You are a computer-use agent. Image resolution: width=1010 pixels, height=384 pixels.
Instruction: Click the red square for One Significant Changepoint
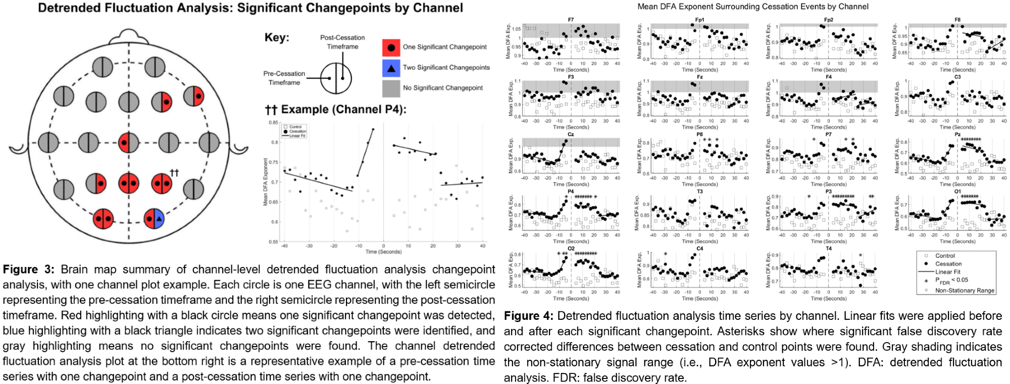click(391, 47)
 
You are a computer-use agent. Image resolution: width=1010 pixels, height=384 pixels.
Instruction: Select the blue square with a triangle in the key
click(391, 68)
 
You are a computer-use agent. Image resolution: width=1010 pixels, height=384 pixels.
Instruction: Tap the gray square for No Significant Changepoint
click(391, 88)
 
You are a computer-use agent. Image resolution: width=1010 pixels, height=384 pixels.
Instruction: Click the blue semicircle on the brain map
click(159, 218)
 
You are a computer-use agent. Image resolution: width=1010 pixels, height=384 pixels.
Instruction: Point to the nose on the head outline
click(128, 36)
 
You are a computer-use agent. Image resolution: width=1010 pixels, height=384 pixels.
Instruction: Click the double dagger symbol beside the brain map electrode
click(174, 173)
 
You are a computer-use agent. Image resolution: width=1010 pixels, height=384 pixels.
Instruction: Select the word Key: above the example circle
click(277, 38)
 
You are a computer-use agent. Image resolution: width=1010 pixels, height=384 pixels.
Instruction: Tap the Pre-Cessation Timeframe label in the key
click(284, 78)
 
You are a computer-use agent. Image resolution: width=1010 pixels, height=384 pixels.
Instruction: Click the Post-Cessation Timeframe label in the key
click(342, 42)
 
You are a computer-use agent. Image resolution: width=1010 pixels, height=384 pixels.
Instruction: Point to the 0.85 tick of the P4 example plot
click(273, 123)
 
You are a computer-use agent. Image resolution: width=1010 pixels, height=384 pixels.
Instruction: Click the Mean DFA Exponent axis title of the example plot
click(265, 182)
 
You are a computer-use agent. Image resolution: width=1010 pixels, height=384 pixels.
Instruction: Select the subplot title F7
click(571, 20)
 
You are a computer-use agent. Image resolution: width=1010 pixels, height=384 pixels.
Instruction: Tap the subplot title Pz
click(957, 135)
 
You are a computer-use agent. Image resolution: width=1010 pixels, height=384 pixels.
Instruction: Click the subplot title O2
click(571, 249)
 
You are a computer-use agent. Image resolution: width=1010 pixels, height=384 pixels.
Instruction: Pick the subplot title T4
click(829, 249)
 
